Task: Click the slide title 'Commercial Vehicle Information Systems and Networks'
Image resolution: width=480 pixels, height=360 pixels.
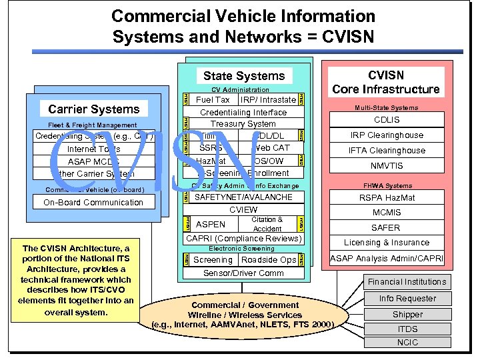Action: (243, 25)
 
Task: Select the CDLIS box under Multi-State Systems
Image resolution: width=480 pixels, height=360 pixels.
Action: (386, 120)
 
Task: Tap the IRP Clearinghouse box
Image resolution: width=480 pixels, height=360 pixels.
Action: (386, 135)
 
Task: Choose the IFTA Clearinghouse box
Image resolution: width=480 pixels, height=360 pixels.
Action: (386, 151)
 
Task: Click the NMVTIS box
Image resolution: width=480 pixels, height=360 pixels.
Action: (386, 166)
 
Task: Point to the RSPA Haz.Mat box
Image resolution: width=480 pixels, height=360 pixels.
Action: (386, 197)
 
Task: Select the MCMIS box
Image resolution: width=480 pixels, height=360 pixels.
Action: (386, 213)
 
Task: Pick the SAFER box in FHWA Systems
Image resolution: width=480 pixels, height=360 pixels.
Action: (386, 228)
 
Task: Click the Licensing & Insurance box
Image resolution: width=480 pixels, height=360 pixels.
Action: (386, 243)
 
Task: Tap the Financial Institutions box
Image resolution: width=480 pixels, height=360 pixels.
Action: (407, 282)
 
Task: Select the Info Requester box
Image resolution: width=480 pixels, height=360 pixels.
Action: (407, 299)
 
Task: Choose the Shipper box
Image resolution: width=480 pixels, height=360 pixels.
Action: (407, 314)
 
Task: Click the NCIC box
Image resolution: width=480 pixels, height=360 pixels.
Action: (407, 343)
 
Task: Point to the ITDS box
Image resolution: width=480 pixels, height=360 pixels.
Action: (407, 329)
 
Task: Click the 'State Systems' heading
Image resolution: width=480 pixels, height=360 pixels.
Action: (243, 76)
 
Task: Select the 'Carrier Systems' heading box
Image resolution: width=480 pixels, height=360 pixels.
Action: (94, 109)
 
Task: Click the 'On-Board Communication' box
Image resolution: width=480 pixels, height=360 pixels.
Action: (93, 203)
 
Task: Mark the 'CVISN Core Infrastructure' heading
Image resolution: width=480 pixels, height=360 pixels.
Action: (386, 82)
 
